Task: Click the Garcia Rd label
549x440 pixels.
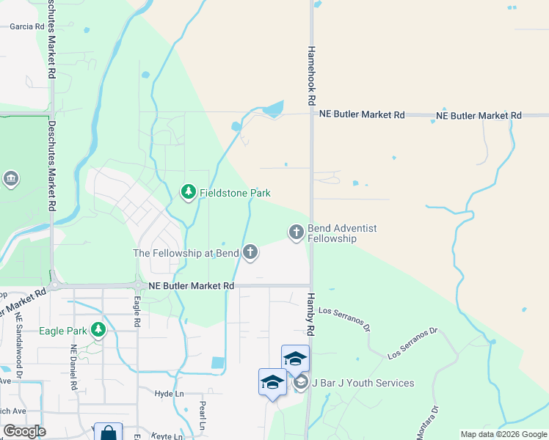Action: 27,26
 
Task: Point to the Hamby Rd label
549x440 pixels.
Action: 310,314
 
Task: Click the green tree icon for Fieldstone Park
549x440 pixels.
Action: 189,193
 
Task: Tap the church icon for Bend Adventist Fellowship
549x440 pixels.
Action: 297,232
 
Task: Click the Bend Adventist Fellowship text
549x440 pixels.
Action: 342,233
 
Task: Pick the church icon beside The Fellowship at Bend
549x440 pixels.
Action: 250,253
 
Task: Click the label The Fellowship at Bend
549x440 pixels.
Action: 186,253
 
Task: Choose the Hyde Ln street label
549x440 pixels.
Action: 169,394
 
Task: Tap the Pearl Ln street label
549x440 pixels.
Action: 202,415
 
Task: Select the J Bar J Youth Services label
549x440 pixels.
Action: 363,383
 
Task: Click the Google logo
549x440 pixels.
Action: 25,431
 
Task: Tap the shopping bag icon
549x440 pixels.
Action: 108,433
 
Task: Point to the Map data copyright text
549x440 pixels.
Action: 504,434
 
